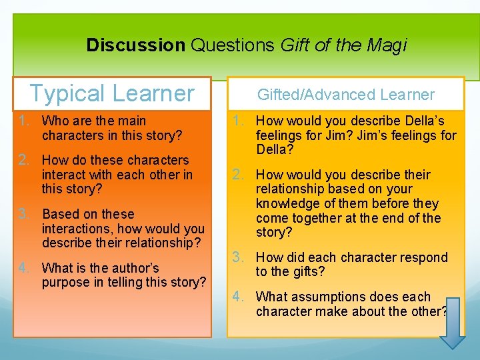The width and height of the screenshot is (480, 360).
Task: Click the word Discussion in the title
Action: coord(135,45)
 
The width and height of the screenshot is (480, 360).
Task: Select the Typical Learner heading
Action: coord(111,93)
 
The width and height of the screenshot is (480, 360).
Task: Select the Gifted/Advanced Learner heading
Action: coord(345,95)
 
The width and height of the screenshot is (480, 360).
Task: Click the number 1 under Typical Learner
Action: coord(23,121)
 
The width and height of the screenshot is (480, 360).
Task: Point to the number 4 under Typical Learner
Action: coord(23,268)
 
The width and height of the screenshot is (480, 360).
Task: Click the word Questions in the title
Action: coord(233,45)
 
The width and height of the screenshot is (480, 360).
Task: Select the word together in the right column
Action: coord(314,218)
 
